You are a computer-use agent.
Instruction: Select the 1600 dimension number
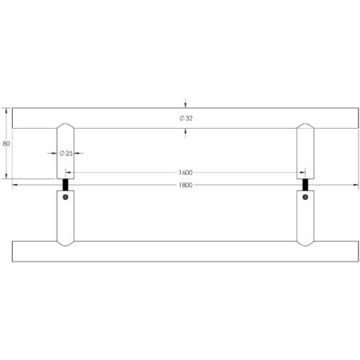click(186, 172)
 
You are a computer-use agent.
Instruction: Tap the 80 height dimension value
click(6, 144)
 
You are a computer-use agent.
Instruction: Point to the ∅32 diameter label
click(186, 118)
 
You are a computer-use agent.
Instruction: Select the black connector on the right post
click(306, 186)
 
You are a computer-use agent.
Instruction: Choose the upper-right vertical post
click(306, 148)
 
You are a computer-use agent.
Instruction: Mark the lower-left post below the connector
click(66, 220)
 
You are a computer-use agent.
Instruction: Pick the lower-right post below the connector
click(306, 220)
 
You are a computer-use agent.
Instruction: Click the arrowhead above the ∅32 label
click(186, 103)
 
